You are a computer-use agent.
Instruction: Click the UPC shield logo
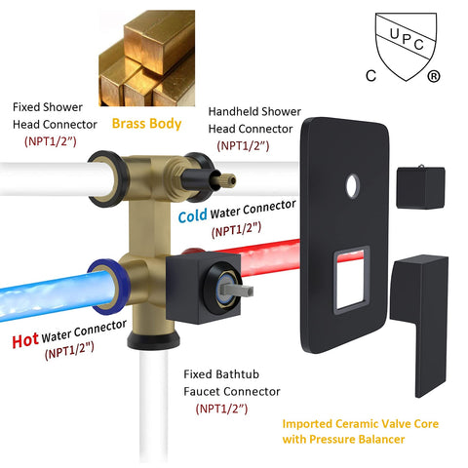click(406, 46)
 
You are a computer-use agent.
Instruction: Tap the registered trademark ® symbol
click(433, 76)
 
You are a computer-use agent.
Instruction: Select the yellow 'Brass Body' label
click(146, 124)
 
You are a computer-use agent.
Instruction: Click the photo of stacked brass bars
click(147, 58)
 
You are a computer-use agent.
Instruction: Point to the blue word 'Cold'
click(192, 215)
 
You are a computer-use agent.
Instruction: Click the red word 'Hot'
click(25, 340)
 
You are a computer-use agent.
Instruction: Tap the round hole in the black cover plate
click(353, 186)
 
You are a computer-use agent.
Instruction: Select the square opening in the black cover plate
click(352, 280)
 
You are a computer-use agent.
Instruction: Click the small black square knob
click(420, 187)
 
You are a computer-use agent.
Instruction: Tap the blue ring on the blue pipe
click(107, 287)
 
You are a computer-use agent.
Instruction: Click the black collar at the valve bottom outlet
click(153, 339)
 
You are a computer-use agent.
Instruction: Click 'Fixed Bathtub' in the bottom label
click(221, 374)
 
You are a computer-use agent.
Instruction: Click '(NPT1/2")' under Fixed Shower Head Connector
click(51, 141)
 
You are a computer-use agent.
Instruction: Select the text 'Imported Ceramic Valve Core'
click(361, 424)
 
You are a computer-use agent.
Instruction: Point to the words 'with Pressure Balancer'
click(343, 440)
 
